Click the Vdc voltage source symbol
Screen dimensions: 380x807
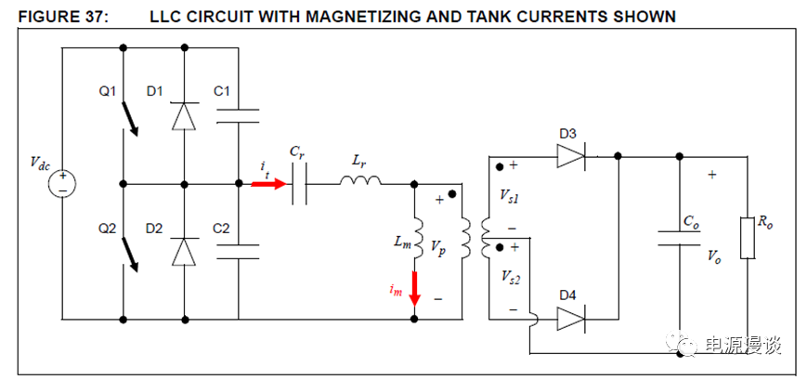tap(62, 183)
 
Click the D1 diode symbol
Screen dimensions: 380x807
tap(184, 115)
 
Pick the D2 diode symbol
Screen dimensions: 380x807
tap(184, 252)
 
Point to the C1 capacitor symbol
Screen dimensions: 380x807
tap(238, 115)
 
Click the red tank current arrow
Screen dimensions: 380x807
tap(269, 183)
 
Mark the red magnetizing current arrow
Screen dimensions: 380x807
tap(414, 288)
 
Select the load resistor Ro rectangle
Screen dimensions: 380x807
tap(745, 239)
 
